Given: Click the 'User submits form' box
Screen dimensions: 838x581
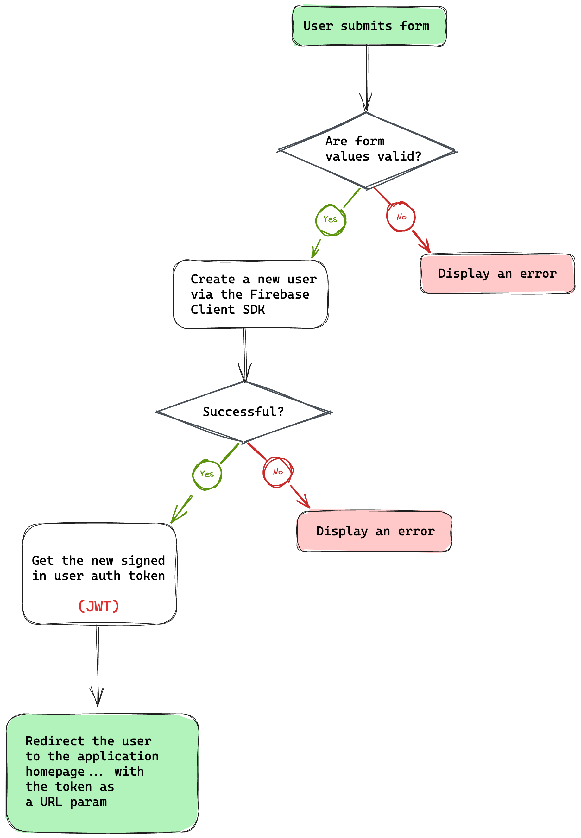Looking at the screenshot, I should pos(369,26).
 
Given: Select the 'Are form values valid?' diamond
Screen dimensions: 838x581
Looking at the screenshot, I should pos(366,150).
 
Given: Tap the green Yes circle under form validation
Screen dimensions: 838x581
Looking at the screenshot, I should pos(330,219).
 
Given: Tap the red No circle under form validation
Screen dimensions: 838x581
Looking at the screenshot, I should pos(401,217).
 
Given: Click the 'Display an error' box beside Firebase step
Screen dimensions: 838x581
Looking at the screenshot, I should pos(497,274).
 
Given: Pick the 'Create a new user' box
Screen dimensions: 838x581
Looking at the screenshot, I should pos(250,294).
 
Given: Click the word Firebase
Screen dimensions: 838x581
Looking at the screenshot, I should pos(279,294).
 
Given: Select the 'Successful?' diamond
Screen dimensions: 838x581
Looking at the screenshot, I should pos(243,412).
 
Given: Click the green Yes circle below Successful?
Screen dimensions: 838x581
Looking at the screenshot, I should pos(207,474).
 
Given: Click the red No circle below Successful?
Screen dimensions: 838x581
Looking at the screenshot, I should pos(278,472).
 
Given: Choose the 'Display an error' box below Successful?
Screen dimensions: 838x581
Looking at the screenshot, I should pos(375,531).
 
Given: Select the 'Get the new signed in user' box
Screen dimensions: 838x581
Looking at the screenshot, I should pos(99,574).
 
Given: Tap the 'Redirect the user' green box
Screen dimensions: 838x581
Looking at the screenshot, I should pos(102,772).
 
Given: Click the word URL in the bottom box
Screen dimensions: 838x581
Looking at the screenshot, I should pos(51,802).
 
